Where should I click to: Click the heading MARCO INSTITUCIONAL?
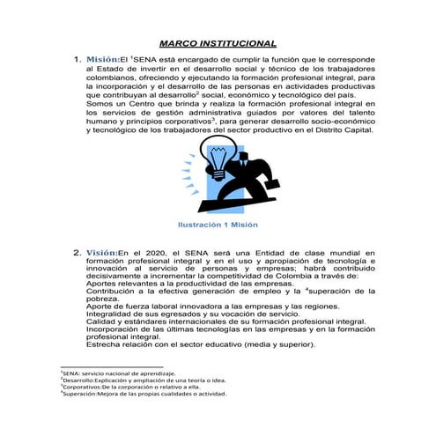[218, 42]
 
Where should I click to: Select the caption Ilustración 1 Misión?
[218, 224]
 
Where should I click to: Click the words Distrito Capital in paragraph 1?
[345, 130]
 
